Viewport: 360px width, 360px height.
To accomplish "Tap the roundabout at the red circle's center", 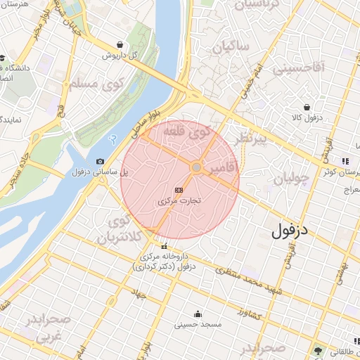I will pyautogui.click(x=196, y=167).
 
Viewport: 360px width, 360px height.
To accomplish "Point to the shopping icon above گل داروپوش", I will pyautogui.click(x=120, y=44).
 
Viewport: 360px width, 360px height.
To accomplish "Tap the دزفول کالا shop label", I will pyautogui.click(x=308, y=117).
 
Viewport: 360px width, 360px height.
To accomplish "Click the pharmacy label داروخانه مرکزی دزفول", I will pyautogui.click(x=164, y=262).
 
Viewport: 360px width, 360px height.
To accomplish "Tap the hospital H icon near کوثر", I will pyautogui.click(x=345, y=161).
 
